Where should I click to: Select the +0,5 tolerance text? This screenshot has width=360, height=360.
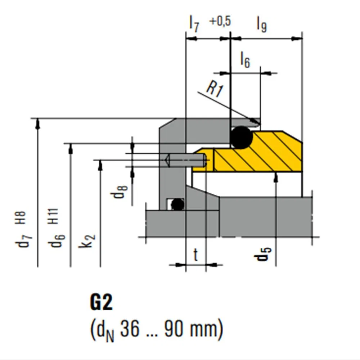click(220, 21)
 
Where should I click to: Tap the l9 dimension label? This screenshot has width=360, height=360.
click(262, 25)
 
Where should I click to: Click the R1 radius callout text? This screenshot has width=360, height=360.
click(215, 89)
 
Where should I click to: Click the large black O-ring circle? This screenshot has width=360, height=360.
click(241, 137)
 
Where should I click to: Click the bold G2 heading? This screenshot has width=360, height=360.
click(101, 303)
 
